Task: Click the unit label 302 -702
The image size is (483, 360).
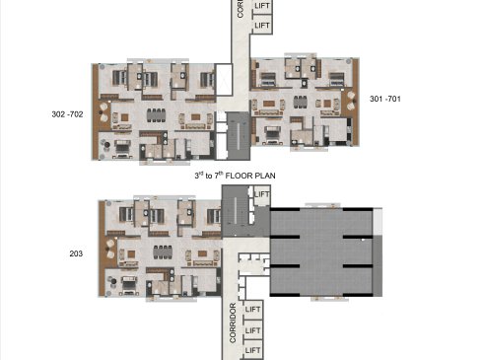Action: [x=67, y=114]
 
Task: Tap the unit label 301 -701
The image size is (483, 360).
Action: [x=385, y=99]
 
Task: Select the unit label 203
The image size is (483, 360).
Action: [x=76, y=253]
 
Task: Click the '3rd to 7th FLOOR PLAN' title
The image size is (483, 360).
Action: [x=235, y=176]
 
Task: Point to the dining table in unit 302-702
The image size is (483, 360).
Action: [x=156, y=115]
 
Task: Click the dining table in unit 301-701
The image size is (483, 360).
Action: [x=300, y=102]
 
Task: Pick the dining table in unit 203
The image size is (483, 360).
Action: [x=163, y=252]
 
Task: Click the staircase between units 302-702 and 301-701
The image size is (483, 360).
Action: [x=239, y=135]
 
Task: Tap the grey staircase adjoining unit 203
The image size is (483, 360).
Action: [x=235, y=210]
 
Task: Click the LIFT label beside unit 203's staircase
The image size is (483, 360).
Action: [x=262, y=194]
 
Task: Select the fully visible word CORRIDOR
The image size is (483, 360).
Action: [x=233, y=323]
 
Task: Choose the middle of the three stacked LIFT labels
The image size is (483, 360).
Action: [x=252, y=330]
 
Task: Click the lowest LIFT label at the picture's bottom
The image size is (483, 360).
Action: [x=252, y=350]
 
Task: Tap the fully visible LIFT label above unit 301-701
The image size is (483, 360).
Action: [x=262, y=26]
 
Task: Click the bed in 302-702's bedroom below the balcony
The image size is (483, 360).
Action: [x=122, y=149]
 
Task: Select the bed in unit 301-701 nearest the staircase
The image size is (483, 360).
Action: [x=273, y=135]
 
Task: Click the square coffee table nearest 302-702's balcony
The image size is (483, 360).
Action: [x=124, y=117]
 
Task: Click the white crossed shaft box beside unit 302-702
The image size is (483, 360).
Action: [x=224, y=80]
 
